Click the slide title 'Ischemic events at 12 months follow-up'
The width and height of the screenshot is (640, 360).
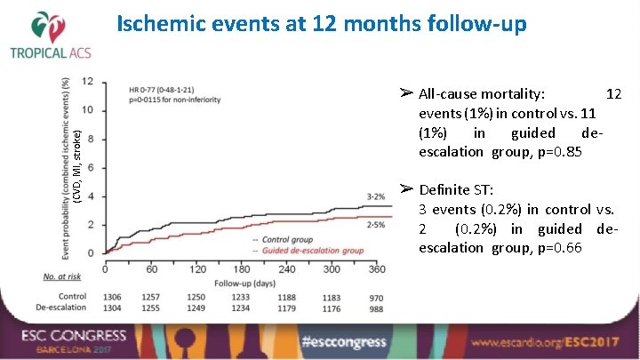(322, 24)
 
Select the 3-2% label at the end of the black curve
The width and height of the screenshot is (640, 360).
(376, 195)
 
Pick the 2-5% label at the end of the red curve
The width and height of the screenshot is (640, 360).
(376, 225)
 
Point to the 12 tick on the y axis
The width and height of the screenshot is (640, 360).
(89, 81)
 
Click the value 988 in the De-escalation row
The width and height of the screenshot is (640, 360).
(377, 308)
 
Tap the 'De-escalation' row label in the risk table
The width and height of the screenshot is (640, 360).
(61, 308)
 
